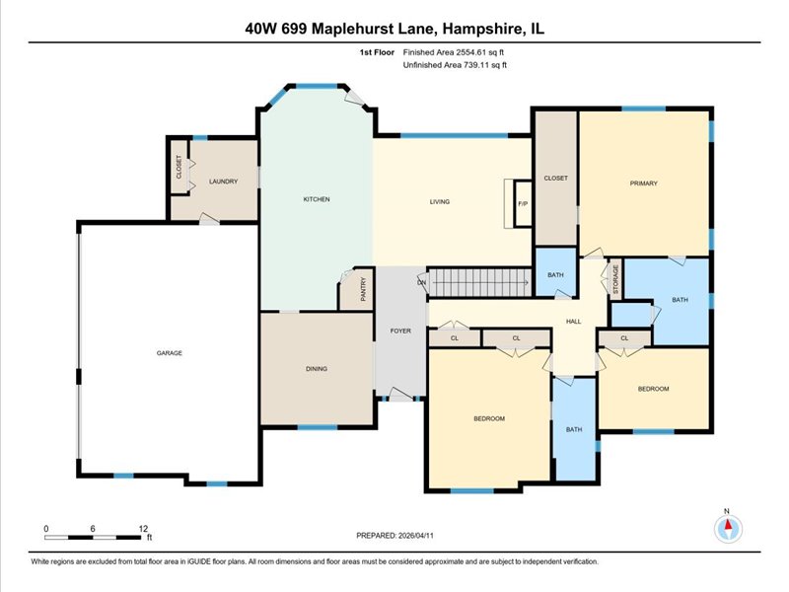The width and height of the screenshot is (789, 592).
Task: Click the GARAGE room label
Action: pyautogui.click(x=169, y=353)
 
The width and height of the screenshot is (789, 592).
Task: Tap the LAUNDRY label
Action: pyautogui.click(x=224, y=182)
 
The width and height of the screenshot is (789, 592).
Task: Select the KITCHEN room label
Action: pyautogui.click(x=317, y=199)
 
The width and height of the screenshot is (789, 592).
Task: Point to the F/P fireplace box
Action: pyautogui.click(x=523, y=203)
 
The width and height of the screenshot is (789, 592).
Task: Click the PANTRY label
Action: pyautogui.click(x=363, y=289)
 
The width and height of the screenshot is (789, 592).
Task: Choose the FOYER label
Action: pyautogui.click(x=400, y=331)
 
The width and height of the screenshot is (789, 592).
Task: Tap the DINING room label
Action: pyautogui.click(x=317, y=368)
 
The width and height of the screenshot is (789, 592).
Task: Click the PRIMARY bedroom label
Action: pyautogui.click(x=644, y=184)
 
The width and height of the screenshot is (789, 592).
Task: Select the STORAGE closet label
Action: pyautogui.click(x=615, y=279)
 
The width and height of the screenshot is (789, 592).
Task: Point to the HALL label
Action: pyautogui.click(x=574, y=322)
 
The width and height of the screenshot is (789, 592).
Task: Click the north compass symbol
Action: pyautogui.click(x=728, y=528)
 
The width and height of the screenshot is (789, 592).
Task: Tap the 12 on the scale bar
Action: pyautogui.click(x=143, y=529)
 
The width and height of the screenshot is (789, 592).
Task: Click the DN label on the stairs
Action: pyautogui.click(x=422, y=282)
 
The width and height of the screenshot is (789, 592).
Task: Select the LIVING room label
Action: pyautogui.click(x=439, y=201)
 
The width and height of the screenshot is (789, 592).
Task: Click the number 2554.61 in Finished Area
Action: pyautogui.click(x=471, y=52)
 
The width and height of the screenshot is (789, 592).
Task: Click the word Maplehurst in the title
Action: pyautogui.click(x=373, y=29)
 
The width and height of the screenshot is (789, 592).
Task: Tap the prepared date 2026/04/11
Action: pyautogui.click(x=415, y=536)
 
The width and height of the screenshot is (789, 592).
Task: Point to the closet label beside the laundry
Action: pyautogui.click(x=179, y=167)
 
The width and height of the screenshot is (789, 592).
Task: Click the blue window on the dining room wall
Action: pyautogui.click(x=317, y=427)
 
